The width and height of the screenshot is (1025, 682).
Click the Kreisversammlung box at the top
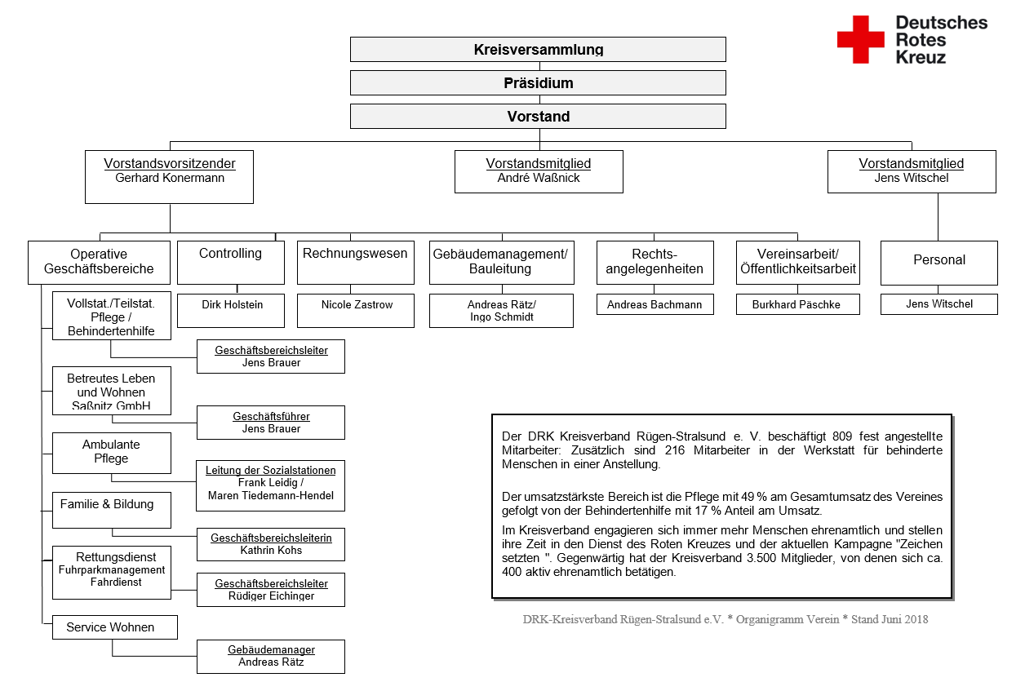coord(538,49)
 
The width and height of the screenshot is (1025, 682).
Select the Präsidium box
coord(538,83)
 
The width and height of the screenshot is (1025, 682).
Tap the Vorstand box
coord(538,117)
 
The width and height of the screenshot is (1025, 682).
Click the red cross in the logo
coord(860,39)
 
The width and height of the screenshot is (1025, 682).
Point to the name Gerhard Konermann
coord(169,178)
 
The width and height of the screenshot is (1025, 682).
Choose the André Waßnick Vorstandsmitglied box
coord(539,171)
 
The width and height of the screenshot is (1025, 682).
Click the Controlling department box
coord(230,262)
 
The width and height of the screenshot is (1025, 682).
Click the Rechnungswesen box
coord(355,262)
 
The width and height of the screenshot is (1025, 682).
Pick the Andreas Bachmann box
coord(654,305)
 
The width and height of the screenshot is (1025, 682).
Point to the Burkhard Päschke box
coord(796,305)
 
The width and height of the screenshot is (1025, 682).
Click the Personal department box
coord(938,262)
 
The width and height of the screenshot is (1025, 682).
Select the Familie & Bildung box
coord(112,509)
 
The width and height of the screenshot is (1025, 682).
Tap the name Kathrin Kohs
coord(271,551)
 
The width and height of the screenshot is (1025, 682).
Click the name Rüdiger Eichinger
coord(271,596)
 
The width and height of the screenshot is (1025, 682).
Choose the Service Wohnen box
coord(114,627)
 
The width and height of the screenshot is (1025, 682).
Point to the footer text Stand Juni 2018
coord(890,619)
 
